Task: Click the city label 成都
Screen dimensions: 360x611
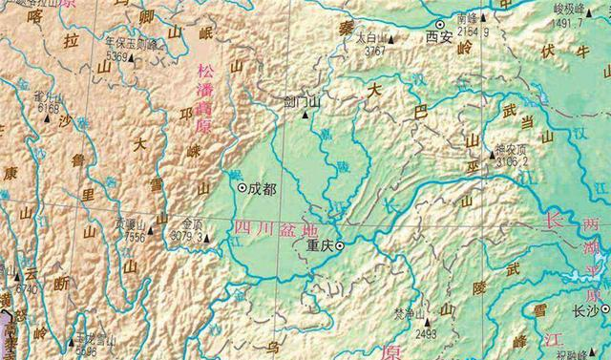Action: click(262, 189)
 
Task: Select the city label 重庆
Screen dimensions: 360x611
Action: click(318, 244)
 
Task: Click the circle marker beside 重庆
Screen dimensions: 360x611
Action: click(338, 245)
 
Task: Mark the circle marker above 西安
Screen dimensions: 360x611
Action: click(440, 24)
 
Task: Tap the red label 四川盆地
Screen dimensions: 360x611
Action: click(263, 228)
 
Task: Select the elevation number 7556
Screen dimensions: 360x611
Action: click(134, 236)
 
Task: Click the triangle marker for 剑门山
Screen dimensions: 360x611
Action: click(305, 113)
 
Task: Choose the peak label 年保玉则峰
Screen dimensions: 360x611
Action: click(132, 43)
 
